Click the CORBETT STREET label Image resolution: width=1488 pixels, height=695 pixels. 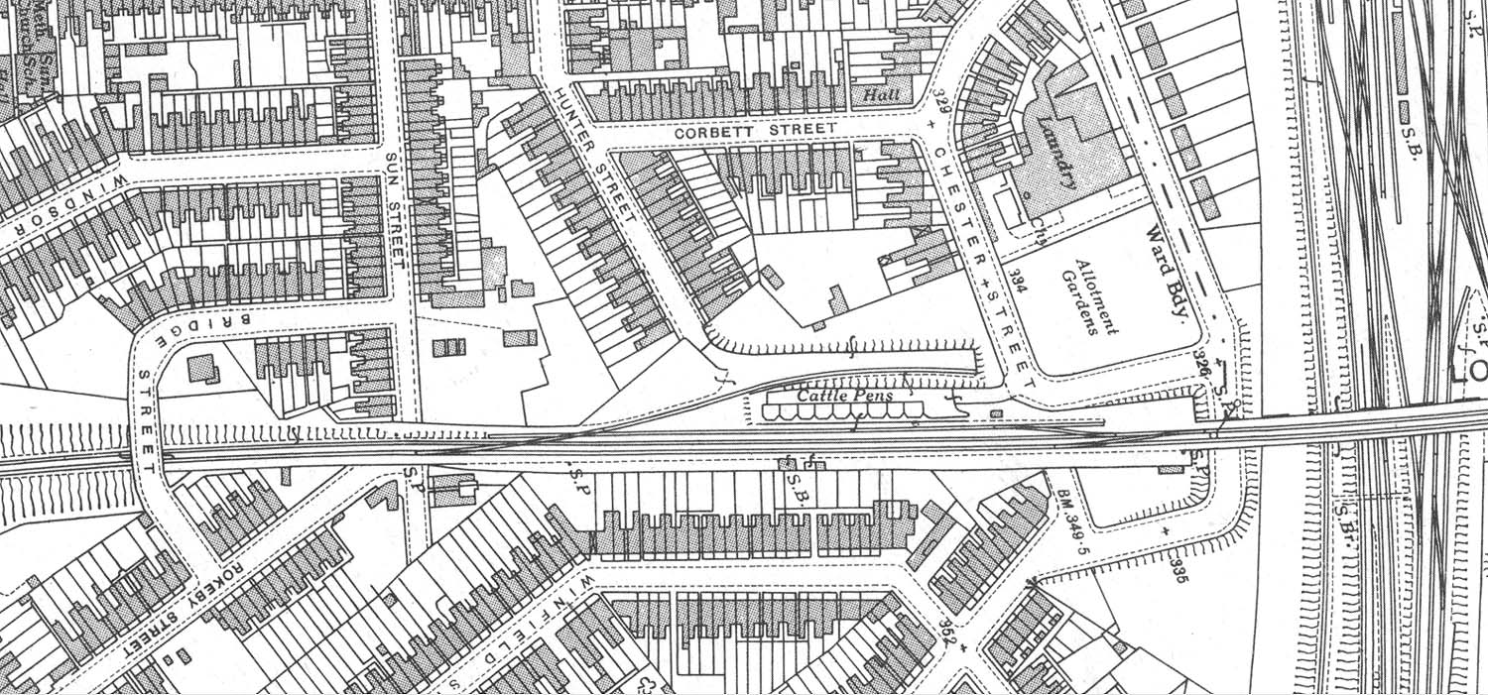(x=754, y=131)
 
